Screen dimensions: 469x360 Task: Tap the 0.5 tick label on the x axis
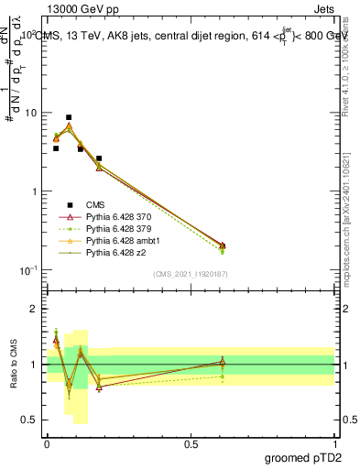[x=191, y=442]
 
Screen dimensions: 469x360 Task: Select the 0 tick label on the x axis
[x=47, y=442]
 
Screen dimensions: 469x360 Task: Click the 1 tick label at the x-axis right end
[x=334, y=442]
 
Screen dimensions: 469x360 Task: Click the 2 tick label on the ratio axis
[x=36, y=309]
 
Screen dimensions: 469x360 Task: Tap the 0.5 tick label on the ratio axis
[x=31, y=420]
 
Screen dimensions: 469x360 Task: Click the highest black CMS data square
[x=69, y=117]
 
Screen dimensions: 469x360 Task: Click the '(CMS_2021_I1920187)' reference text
[x=191, y=275]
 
